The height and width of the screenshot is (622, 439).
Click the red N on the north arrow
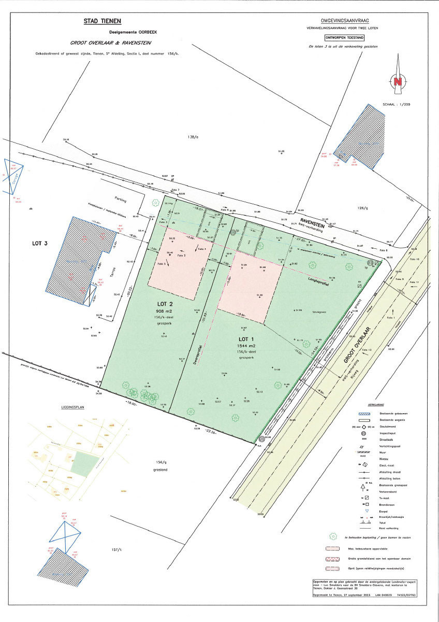(x=398, y=82)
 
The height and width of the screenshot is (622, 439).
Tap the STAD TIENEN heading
(x=103, y=21)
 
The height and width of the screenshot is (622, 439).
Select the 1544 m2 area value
(x=247, y=345)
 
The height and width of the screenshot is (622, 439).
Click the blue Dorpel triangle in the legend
(x=366, y=511)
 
